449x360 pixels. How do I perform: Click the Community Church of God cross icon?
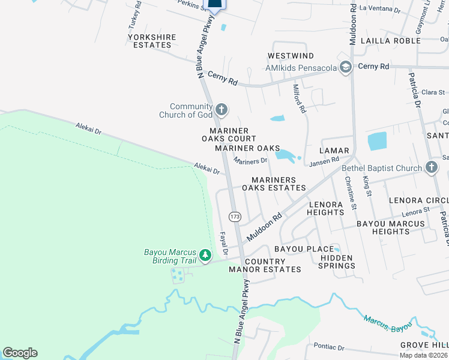click(x=221, y=109)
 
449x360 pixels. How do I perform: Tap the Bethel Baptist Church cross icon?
click(x=431, y=168)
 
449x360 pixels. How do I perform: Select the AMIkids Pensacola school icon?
click(x=345, y=67)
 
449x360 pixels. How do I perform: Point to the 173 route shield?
click(x=235, y=216)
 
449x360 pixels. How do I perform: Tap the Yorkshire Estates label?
click(x=152, y=41)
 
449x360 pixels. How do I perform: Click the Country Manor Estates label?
click(x=265, y=265)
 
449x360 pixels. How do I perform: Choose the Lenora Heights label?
click(x=325, y=208)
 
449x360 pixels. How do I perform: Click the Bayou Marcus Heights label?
click(x=391, y=227)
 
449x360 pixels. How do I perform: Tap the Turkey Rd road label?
click(x=134, y=16)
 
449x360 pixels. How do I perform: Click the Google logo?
click(x=20, y=353)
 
